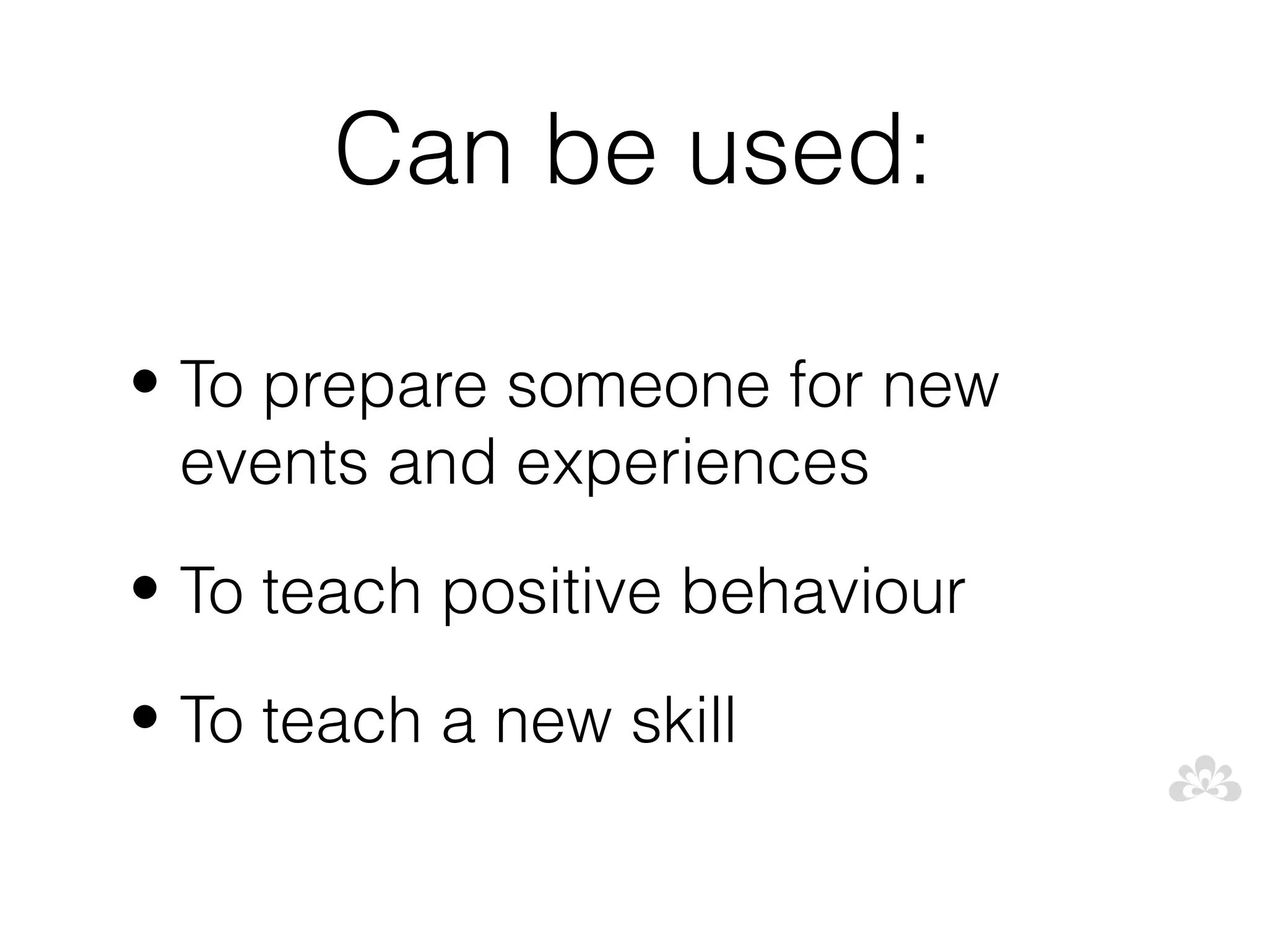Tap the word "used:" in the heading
(x=808, y=149)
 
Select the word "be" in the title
(x=599, y=149)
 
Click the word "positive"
(x=552, y=593)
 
